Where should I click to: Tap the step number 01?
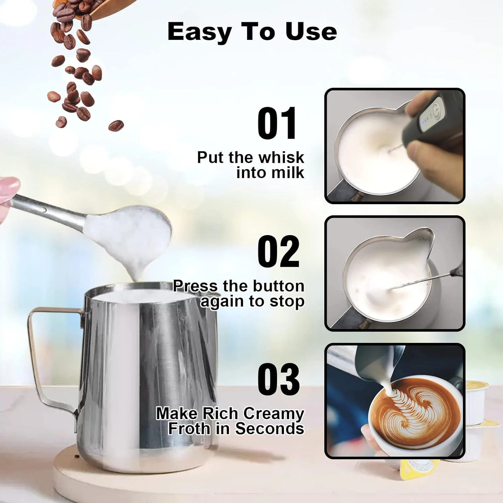coord(277,123)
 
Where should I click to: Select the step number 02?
coord(278,251)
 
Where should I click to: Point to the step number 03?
coord(278,379)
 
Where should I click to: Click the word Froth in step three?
coord(189,429)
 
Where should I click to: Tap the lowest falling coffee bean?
coord(116,126)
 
